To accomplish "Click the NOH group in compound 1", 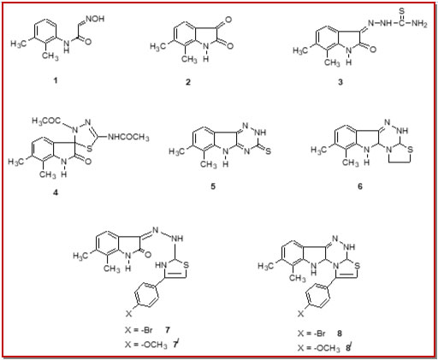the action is (x=95, y=19).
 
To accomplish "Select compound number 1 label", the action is (x=56, y=80).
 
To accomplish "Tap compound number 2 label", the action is (x=188, y=82).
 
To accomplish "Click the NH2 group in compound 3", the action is (x=419, y=24).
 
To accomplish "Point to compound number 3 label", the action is (x=340, y=82).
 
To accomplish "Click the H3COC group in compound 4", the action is (x=46, y=121).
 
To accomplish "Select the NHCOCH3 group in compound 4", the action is (x=128, y=138).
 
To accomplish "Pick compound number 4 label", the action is (x=56, y=192).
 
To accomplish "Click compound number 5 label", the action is (x=213, y=186).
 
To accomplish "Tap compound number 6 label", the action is (x=360, y=186).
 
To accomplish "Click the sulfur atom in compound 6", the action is (x=411, y=150).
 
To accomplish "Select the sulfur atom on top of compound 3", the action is (x=401, y=11).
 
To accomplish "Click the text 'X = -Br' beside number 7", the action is (x=139, y=330).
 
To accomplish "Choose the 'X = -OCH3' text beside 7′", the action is (x=146, y=345).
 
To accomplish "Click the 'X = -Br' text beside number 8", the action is (x=311, y=333).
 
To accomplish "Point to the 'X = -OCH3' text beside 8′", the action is (x=319, y=348).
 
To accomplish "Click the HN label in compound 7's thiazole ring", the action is (x=161, y=265).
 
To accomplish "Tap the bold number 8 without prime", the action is (x=340, y=333).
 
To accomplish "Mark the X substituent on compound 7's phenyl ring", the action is (x=129, y=314).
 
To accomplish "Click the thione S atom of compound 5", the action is (x=268, y=151).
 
